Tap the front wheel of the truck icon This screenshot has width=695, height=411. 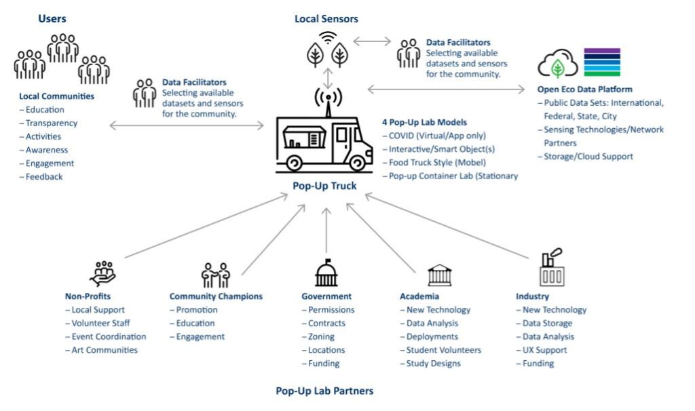356,163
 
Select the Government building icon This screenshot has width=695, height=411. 326,273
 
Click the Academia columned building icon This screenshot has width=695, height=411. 439,275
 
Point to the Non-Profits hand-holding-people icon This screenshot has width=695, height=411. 102,273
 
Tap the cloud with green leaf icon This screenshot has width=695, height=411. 557,65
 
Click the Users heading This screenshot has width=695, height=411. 52,18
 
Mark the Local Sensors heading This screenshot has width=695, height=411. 326,18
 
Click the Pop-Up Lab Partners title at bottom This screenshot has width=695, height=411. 324,391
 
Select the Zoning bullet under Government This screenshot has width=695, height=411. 320,336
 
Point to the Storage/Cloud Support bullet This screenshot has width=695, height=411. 588,156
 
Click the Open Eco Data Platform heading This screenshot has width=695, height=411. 584,89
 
